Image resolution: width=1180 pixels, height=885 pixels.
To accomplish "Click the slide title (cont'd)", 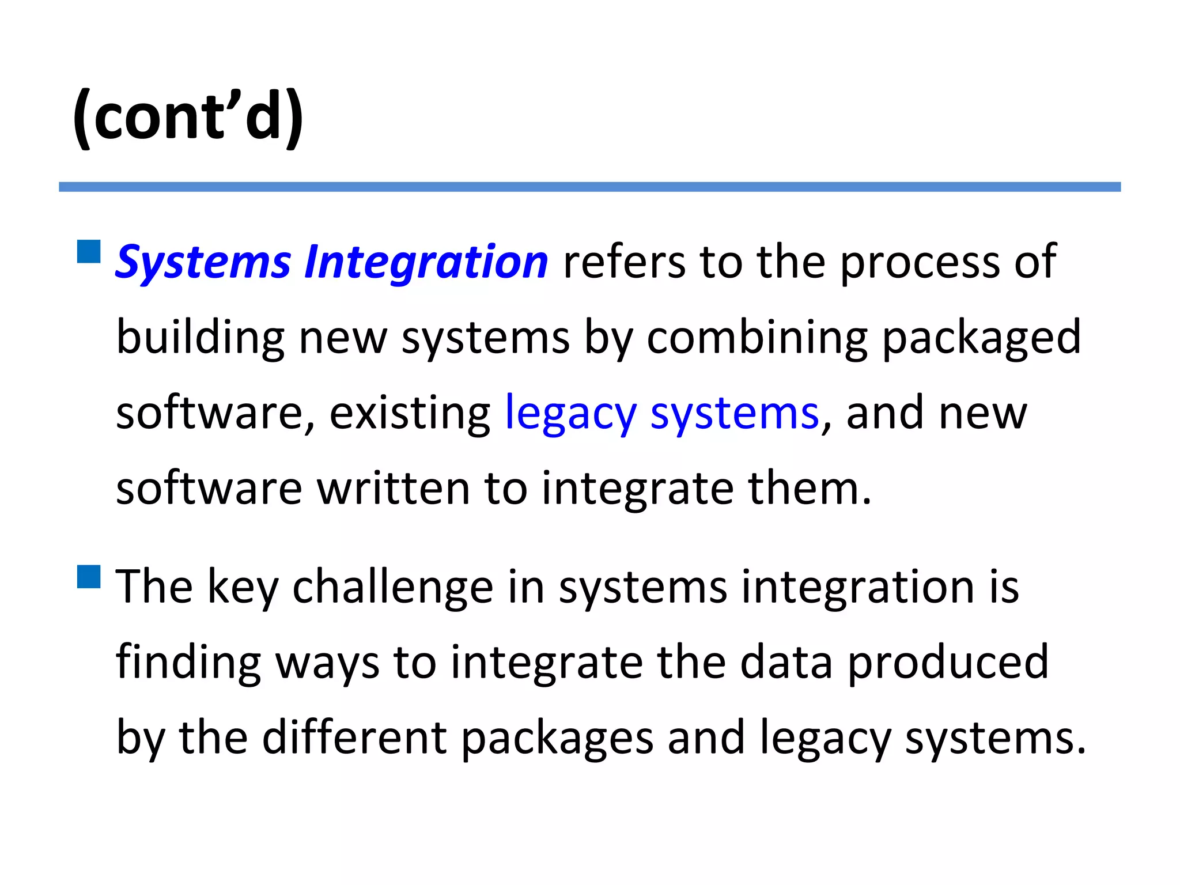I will (188, 117).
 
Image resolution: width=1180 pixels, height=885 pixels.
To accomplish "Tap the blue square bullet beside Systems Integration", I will (89, 252).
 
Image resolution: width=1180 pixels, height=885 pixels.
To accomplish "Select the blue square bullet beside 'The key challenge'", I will (89, 577).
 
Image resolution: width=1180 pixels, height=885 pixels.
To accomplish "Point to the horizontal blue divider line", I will (589, 187).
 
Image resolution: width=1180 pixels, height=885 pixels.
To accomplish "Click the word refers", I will (624, 262).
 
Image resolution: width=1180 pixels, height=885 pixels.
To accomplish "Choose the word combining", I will (757, 338).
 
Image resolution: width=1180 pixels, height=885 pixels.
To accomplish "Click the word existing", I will (410, 414).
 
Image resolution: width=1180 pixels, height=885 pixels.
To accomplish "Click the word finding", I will (188, 663).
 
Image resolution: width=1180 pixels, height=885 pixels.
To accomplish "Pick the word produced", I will (948, 664).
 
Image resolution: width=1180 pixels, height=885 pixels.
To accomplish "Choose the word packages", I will (557, 739).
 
